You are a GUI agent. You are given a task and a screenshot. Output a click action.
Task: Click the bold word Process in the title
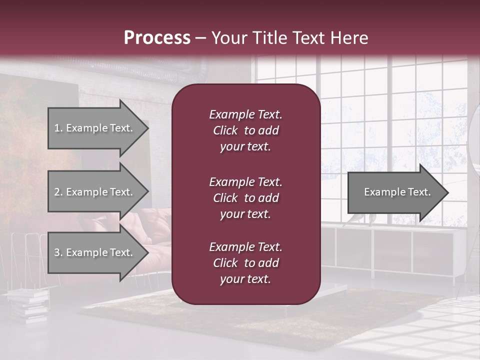pyautogui.click(x=157, y=38)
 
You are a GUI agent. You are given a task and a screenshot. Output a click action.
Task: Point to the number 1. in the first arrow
pyautogui.click(x=58, y=128)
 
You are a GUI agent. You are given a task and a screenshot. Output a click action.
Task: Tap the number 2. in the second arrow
pyautogui.click(x=58, y=192)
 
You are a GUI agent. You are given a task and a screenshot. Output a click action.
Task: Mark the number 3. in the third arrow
pyautogui.click(x=58, y=252)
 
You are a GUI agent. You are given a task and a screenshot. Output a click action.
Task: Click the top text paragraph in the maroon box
pyautogui.click(x=245, y=130)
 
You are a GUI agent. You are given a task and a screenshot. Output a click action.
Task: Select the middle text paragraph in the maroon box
pyautogui.click(x=245, y=198)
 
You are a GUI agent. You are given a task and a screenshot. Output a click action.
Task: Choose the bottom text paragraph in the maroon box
pyautogui.click(x=245, y=263)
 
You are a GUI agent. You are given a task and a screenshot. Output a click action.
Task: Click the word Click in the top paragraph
pyautogui.click(x=225, y=130)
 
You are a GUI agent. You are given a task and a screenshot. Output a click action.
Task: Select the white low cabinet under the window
pyautogui.click(x=400, y=250)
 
